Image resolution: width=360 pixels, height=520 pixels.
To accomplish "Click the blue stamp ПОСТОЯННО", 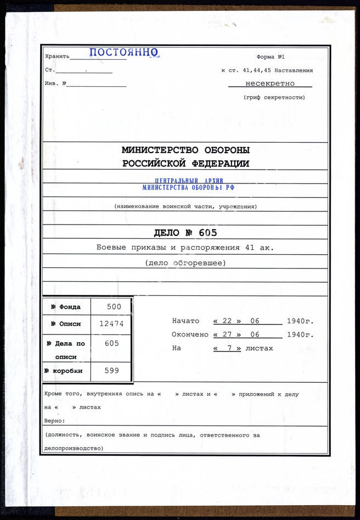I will click(x=123, y=53).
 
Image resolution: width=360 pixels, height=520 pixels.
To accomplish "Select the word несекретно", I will click(x=270, y=83).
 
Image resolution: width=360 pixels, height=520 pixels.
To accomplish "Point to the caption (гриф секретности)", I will click(x=274, y=97).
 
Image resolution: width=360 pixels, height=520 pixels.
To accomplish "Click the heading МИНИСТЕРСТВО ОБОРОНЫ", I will click(x=185, y=150).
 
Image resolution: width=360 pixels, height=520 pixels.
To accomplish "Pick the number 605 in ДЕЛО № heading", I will click(x=208, y=232).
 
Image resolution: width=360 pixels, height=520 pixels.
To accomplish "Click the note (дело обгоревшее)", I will click(x=185, y=262).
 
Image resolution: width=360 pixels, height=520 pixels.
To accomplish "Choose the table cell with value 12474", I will click(x=111, y=323).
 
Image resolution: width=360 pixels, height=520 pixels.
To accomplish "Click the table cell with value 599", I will click(x=111, y=371).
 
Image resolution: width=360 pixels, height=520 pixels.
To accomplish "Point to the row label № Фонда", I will click(x=66, y=307).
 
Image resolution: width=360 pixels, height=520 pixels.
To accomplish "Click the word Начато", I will click(x=185, y=321).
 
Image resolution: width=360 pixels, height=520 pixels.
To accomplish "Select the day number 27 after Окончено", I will click(x=227, y=334).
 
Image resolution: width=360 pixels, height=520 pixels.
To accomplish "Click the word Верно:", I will click(x=55, y=421).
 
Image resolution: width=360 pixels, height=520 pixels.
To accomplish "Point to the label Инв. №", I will click(x=55, y=83).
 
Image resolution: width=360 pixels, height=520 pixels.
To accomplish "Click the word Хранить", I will click(x=57, y=57).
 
